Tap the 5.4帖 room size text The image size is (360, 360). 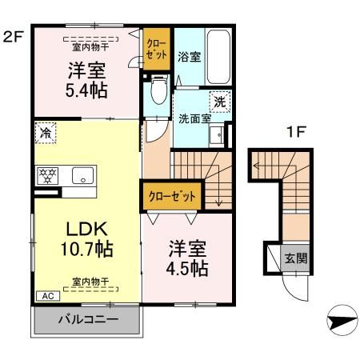pyautogui.click(x=84, y=89)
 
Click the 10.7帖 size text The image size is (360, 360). pyautogui.click(x=84, y=249)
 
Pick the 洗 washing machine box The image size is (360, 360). pyautogui.click(x=219, y=102)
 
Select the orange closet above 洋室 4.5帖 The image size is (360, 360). pyautogui.click(x=171, y=194)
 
